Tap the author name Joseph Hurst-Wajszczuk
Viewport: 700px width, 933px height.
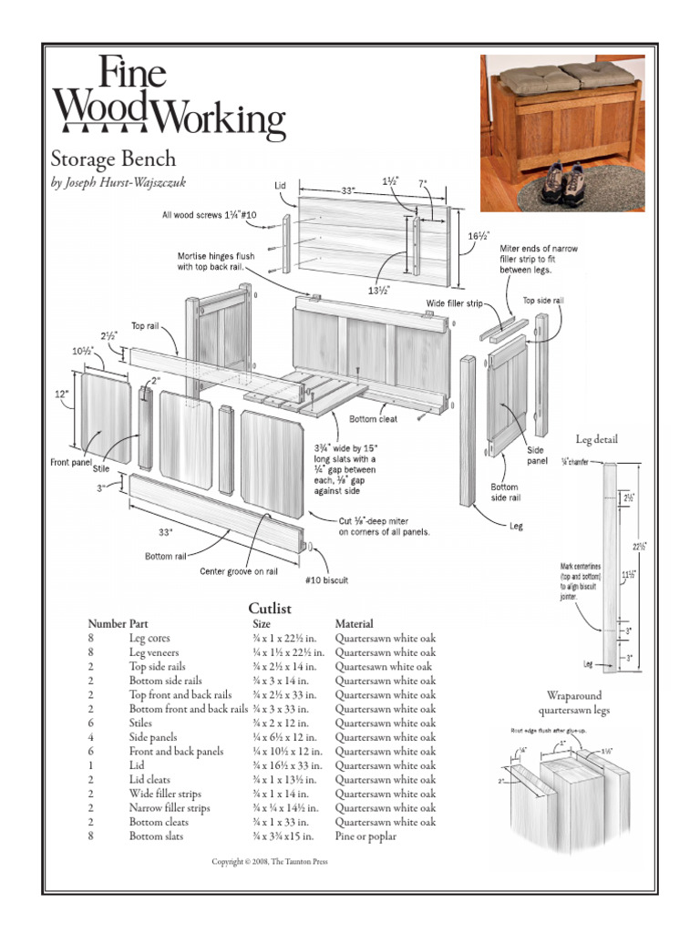pos(118,182)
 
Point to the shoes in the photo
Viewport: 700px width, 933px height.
pos(564,182)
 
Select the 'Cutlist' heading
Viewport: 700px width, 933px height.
pos(271,608)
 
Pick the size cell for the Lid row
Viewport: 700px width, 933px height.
pos(285,765)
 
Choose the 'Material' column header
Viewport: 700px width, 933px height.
pos(355,624)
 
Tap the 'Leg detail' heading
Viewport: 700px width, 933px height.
pos(596,440)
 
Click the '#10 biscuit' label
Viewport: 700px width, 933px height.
pos(326,579)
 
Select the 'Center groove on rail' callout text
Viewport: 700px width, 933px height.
pos(238,572)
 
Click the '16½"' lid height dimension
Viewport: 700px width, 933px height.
pos(475,236)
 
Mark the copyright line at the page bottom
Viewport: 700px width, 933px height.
pos(269,861)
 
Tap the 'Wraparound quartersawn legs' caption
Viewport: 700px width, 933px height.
pos(574,702)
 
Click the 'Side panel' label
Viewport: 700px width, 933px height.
pos(536,456)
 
